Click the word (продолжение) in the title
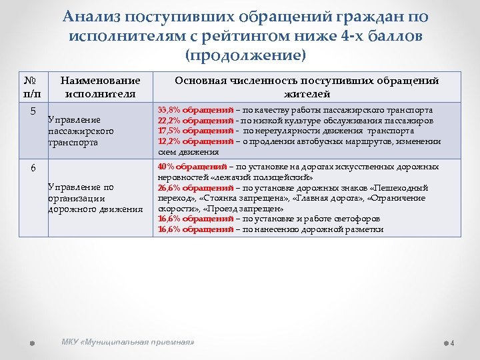coord(246,53)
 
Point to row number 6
coord(34,168)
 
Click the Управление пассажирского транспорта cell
coord(81,131)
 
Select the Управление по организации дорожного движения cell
coord(95,199)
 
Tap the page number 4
coord(452,343)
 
